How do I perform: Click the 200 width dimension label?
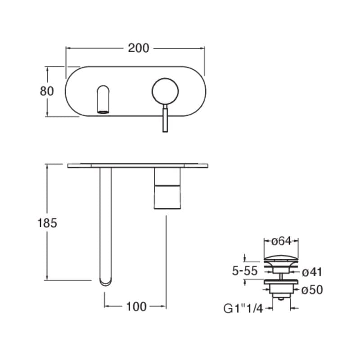pos(139,48)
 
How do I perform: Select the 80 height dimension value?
pos(47,91)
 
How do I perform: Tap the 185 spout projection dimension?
pos(47,223)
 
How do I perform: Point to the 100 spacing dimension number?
pos(136,306)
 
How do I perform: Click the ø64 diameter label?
pos(281,241)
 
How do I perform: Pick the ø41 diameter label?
pos(312,272)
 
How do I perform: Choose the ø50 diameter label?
pos(312,290)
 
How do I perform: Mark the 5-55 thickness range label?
pos(245,271)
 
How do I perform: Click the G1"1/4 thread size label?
pos(243,308)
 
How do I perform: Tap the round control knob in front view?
pos(165,91)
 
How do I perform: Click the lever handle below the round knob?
pos(165,118)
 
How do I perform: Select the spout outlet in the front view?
pos(103,112)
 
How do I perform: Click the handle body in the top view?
pos(167,189)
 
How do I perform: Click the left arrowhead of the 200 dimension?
pos(68,48)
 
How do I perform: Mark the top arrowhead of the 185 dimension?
pos(47,166)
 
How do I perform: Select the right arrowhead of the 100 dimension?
pos(164,306)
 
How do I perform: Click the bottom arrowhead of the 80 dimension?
pos(47,114)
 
